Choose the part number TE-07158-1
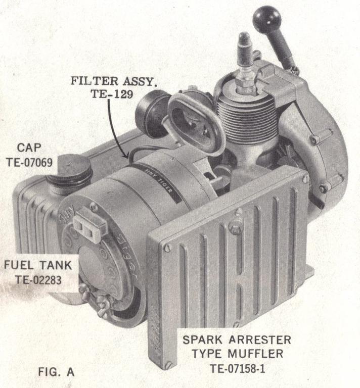237,368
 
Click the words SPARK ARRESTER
237,339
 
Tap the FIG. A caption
56,372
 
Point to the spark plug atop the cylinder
245,58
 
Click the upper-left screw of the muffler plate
167,248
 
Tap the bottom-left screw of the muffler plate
168,364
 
